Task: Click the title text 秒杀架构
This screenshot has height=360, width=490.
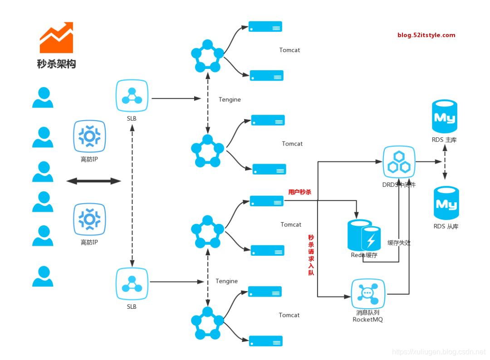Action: [56, 64]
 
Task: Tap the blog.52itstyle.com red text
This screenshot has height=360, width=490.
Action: [426, 35]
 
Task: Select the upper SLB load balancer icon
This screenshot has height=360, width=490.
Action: [132, 96]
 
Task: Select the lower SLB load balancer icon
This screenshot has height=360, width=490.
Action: [132, 283]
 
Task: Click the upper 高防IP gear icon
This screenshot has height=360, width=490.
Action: [89, 136]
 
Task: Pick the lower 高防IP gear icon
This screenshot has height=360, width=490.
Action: [89, 219]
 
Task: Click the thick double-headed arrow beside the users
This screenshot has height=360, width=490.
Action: [93, 181]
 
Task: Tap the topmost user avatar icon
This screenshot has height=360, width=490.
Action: [43, 97]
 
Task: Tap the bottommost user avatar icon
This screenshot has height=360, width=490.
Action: [43, 276]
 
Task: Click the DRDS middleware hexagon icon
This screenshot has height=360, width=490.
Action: [399, 162]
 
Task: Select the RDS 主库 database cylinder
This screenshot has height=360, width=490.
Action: [445, 116]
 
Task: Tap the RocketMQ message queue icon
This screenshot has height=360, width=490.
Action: [368, 294]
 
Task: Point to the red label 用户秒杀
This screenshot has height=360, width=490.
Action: [299, 192]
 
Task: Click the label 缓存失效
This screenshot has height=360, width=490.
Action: [399, 243]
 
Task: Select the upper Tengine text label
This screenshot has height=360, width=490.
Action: [230, 99]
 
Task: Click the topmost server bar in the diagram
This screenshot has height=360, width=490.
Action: [265, 26]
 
